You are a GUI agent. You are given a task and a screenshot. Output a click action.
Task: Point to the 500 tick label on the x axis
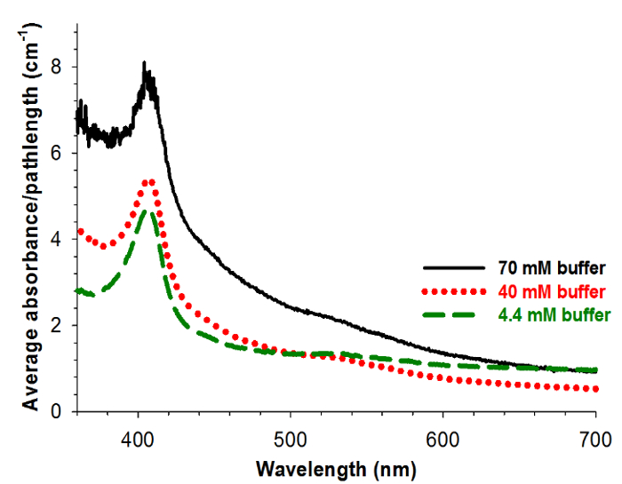coord(291,437)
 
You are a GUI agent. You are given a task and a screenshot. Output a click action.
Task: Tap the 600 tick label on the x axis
coord(443,437)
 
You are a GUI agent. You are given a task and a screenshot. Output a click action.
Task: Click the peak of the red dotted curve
coord(148,181)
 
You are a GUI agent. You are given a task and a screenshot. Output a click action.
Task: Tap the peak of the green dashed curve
coord(146,210)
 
